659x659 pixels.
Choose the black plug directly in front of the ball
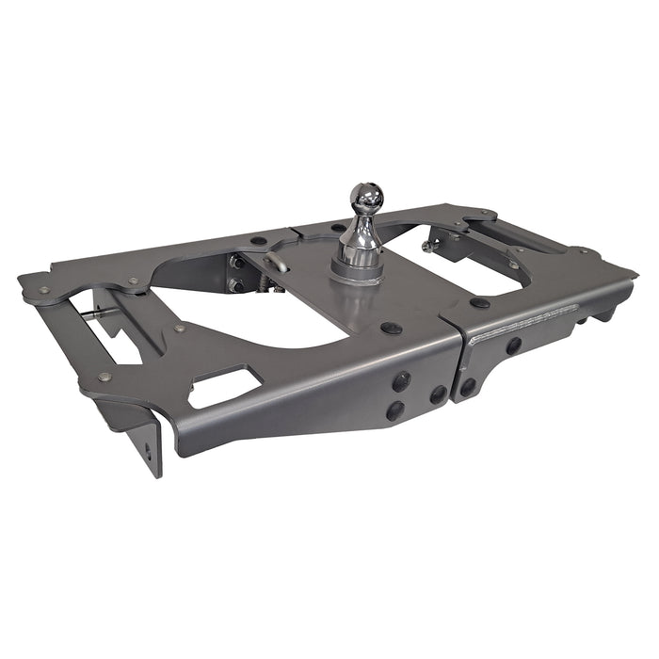pyautogui.click(x=390, y=329)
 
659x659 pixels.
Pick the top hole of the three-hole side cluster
pyautogui.click(x=401, y=381)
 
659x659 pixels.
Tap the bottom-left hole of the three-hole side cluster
pyautogui.click(x=394, y=410)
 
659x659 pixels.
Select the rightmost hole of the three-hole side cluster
pyautogui.click(x=439, y=395)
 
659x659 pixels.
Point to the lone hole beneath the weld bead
pyautogui.click(x=514, y=346)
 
